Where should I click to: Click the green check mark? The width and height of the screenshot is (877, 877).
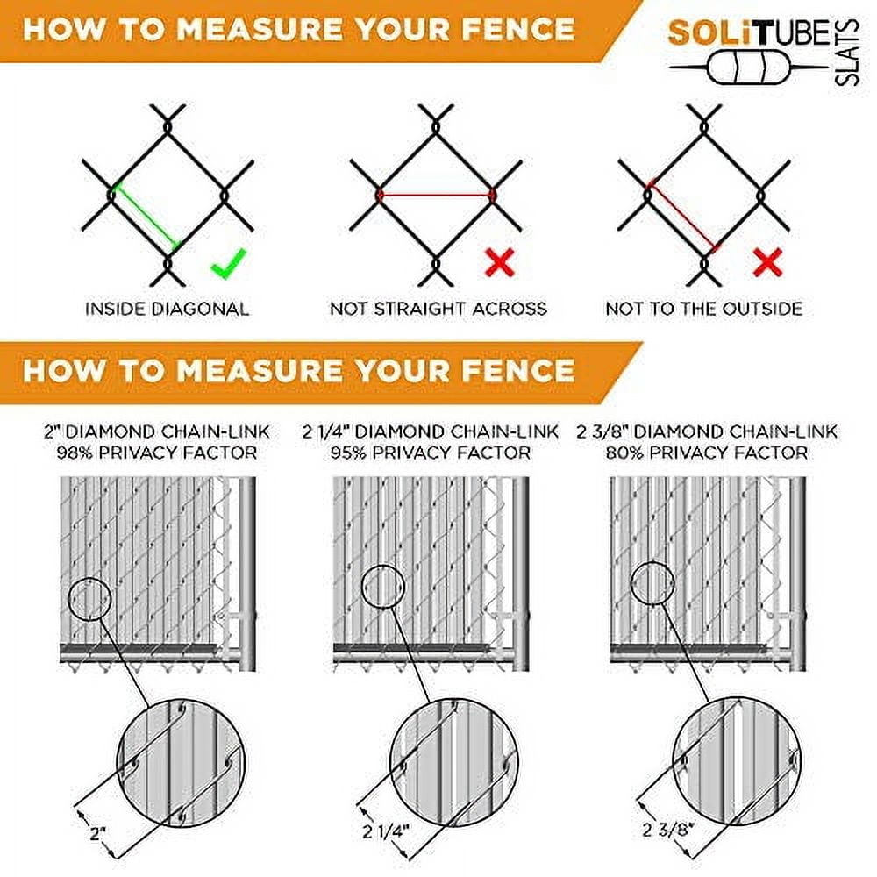click(x=228, y=263)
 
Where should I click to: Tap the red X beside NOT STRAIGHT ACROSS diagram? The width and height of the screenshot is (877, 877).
click(x=500, y=262)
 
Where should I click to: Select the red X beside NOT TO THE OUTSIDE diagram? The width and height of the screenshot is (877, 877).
click(x=767, y=262)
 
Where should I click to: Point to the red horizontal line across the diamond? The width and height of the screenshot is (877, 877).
click(x=436, y=196)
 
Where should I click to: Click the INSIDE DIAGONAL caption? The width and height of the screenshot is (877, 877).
click(x=168, y=309)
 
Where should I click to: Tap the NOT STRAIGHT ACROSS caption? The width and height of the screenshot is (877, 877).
click(x=438, y=309)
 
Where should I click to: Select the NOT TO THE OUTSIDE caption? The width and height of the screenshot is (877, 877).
click(x=704, y=309)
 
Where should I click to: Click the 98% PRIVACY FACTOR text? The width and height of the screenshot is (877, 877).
click(x=157, y=453)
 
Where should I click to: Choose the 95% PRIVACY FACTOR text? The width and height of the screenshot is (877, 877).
click(x=430, y=453)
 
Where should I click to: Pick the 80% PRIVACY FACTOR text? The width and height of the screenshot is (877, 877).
click(x=707, y=453)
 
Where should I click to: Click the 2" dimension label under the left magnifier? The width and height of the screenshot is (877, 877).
click(x=98, y=834)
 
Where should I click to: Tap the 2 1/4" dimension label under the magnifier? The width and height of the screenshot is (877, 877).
click(x=386, y=831)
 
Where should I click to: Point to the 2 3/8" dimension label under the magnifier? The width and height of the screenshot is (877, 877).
click(x=668, y=829)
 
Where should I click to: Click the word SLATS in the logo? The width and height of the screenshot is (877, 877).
click(x=847, y=53)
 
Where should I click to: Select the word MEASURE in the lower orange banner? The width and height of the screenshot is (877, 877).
click(x=260, y=371)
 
